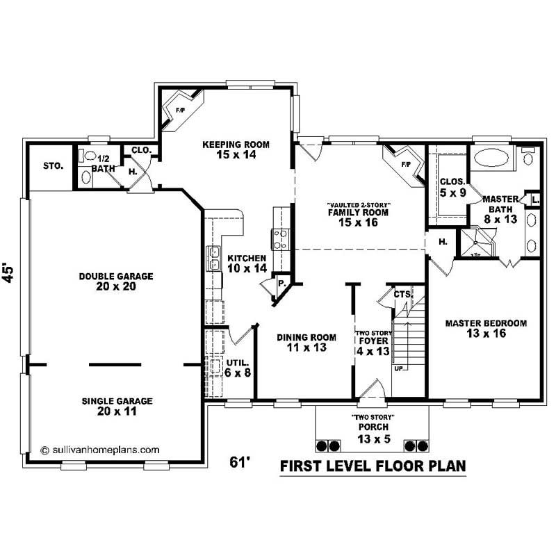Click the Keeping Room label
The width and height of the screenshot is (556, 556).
[x=236, y=149]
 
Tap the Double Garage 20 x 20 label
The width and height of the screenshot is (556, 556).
[x=115, y=281]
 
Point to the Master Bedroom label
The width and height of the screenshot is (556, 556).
[x=486, y=328]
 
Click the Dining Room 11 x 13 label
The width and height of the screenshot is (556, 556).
[x=306, y=342]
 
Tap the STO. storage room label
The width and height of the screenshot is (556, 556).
[x=53, y=167]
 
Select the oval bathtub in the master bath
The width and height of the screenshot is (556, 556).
[x=492, y=160]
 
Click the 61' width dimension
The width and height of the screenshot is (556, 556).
[x=240, y=462]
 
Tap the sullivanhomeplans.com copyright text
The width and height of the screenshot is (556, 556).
[x=100, y=450]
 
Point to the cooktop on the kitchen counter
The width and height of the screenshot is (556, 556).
[x=280, y=238]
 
